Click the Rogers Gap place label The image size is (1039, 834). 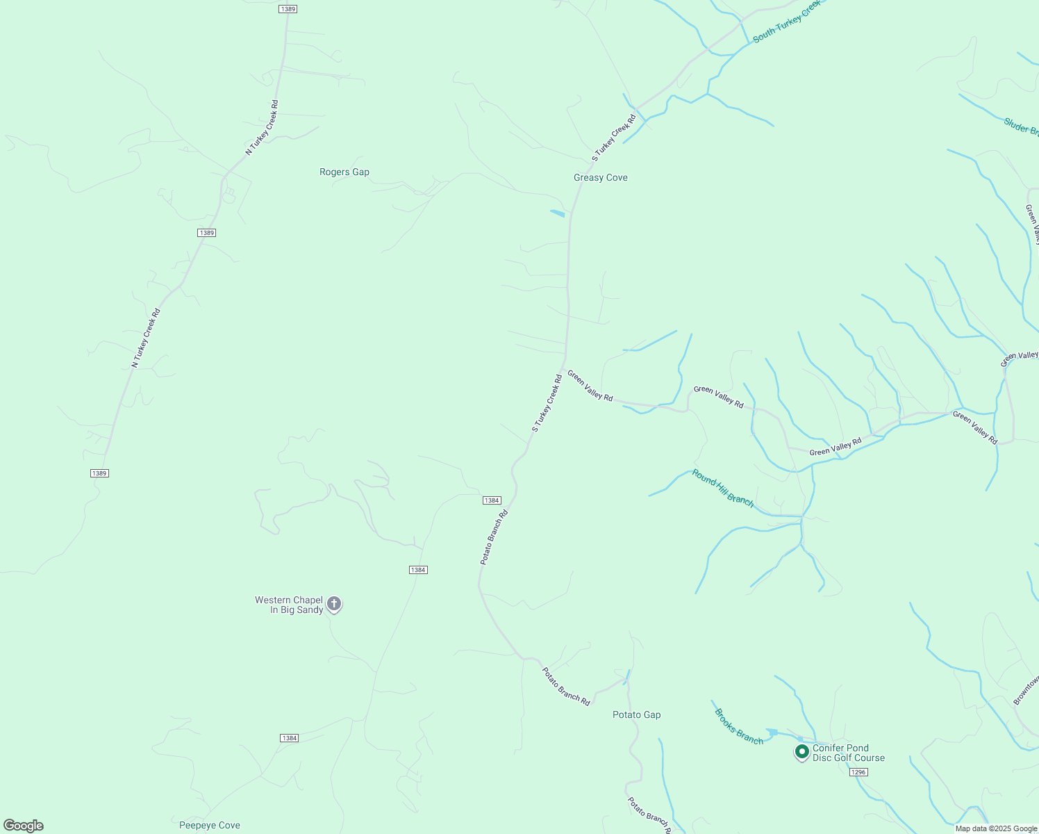tap(344, 172)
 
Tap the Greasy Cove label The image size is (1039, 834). tap(600, 177)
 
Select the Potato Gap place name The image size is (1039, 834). tap(636, 714)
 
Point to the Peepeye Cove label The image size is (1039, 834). tap(210, 825)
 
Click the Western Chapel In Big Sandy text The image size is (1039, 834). tap(288, 605)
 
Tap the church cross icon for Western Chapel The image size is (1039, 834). tap(334, 603)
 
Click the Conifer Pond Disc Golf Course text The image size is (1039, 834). tap(849, 753)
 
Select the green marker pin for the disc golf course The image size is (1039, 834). tap(802, 751)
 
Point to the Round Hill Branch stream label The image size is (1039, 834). tap(722, 488)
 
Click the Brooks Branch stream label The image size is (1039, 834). tap(739, 726)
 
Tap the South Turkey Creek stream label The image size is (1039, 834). tap(787, 21)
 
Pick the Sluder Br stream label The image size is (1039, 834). tap(1020, 126)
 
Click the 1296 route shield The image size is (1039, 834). tap(858, 772)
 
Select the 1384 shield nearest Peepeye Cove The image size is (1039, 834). tap(290, 738)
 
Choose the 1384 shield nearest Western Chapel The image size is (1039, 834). tap(417, 570)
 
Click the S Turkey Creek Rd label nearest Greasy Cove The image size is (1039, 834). tap(614, 138)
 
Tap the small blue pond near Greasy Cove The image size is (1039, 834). tap(557, 213)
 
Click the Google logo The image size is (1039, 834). tap(24, 826)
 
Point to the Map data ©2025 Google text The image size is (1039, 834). tap(996, 828)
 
